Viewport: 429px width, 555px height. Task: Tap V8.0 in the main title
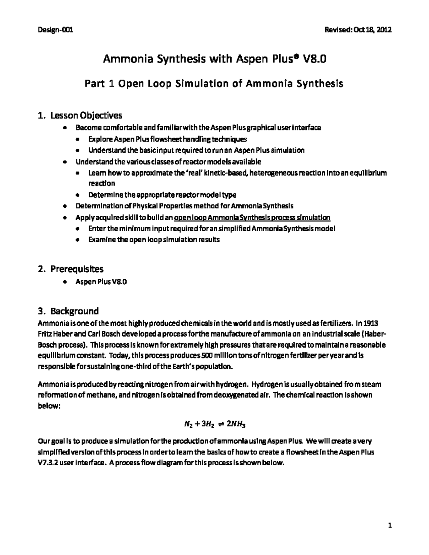[x=314, y=60]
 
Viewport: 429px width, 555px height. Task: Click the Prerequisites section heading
[x=77, y=268]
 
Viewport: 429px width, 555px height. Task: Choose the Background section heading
[x=74, y=311]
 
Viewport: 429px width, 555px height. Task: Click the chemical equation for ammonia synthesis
[x=214, y=424]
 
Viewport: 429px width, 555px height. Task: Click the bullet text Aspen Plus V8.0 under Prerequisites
[x=101, y=282]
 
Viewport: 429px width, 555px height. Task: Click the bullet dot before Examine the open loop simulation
[x=78, y=240]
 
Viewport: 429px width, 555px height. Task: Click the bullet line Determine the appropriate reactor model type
[x=162, y=195]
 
